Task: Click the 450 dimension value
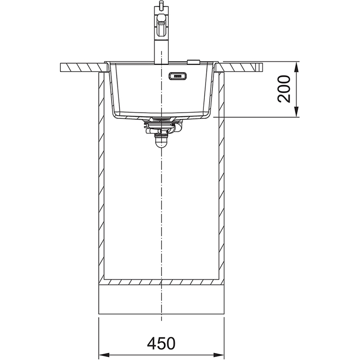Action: (x=161, y=343)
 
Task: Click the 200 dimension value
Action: (x=284, y=89)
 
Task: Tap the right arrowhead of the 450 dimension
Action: (x=219, y=355)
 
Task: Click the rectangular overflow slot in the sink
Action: (x=177, y=76)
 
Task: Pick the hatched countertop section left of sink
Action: (x=84, y=67)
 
